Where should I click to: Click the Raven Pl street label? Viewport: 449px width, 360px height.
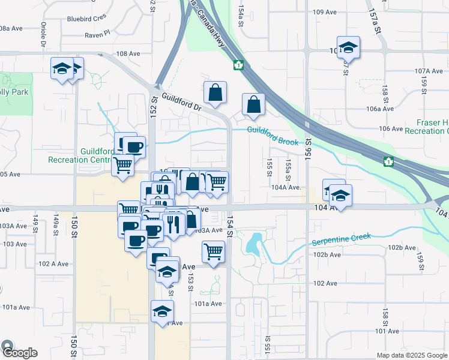[97, 34]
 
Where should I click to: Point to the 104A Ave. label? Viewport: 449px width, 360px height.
[285, 187]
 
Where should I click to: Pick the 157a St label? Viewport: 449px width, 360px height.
[375, 20]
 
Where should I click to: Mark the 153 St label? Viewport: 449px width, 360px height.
[190, 280]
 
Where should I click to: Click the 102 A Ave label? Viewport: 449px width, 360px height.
[52, 263]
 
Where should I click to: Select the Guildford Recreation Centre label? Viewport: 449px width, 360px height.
[78, 155]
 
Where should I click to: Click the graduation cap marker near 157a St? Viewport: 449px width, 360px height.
[348, 47]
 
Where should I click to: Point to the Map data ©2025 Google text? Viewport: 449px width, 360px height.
[412, 355]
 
